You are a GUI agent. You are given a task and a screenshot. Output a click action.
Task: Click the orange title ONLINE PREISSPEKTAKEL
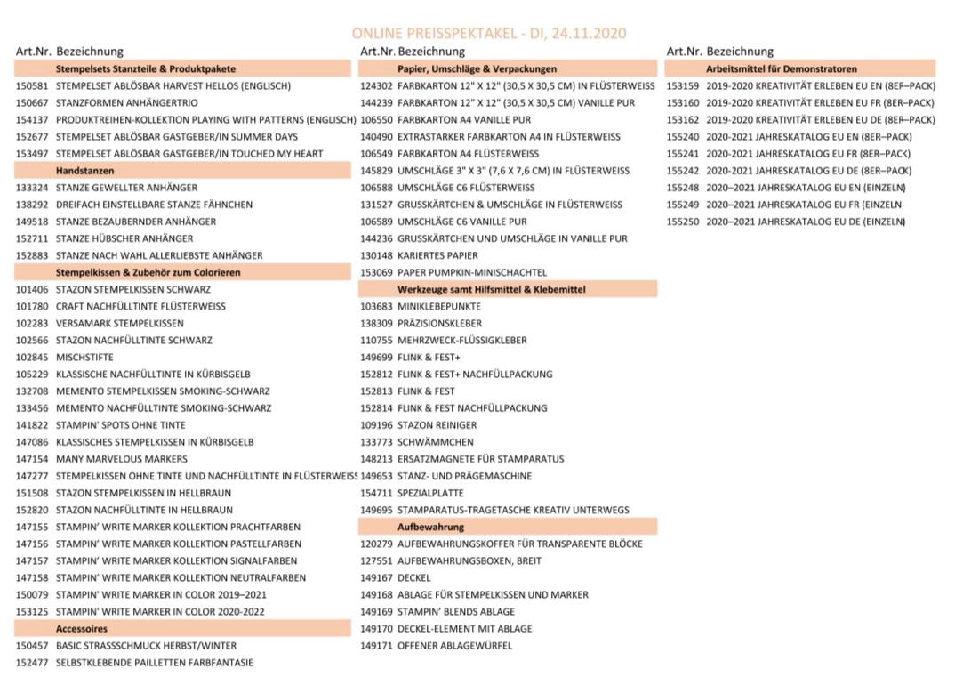(x=488, y=33)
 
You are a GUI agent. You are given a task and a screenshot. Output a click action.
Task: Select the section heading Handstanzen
(x=85, y=171)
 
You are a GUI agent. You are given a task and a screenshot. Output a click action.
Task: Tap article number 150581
(x=33, y=86)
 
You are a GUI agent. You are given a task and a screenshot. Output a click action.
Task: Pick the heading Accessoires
(x=82, y=629)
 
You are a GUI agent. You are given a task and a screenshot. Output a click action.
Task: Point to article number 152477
(x=33, y=663)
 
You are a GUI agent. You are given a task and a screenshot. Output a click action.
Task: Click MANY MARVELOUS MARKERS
(x=122, y=459)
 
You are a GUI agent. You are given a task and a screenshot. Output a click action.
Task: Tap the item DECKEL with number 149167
(x=414, y=578)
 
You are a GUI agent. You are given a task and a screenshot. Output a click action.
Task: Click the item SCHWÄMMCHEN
(x=436, y=442)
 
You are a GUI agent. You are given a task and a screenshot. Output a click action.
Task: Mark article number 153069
(x=376, y=272)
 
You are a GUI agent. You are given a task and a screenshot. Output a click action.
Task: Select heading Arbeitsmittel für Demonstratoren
(x=782, y=68)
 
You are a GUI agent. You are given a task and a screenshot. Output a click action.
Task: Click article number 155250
(x=683, y=222)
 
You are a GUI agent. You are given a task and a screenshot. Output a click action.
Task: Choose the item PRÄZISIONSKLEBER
(x=440, y=324)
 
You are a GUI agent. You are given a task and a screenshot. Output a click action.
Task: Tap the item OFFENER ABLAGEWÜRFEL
(x=454, y=646)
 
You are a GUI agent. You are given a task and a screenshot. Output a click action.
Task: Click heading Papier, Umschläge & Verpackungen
(x=477, y=68)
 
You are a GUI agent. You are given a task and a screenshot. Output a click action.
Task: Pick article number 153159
(x=683, y=86)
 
